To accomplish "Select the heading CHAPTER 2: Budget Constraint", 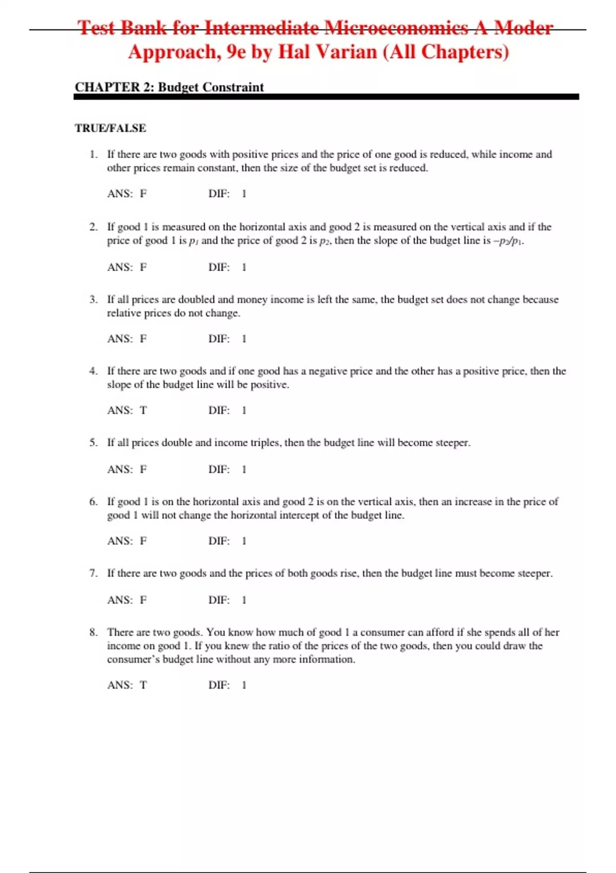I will [x=169, y=87].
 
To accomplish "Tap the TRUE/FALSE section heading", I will [x=110, y=128].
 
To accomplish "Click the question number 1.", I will [x=93, y=154].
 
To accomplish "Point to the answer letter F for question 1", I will [x=143, y=194].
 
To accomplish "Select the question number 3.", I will [x=93, y=299].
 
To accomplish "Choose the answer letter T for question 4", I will [x=143, y=410].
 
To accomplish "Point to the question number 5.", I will [x=93, y=443].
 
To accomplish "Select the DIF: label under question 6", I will [x=219, y=541].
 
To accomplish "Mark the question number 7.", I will [x=93, y=573].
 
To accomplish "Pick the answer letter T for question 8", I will [x=143, y=685].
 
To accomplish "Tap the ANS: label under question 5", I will [x=120, y=469].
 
